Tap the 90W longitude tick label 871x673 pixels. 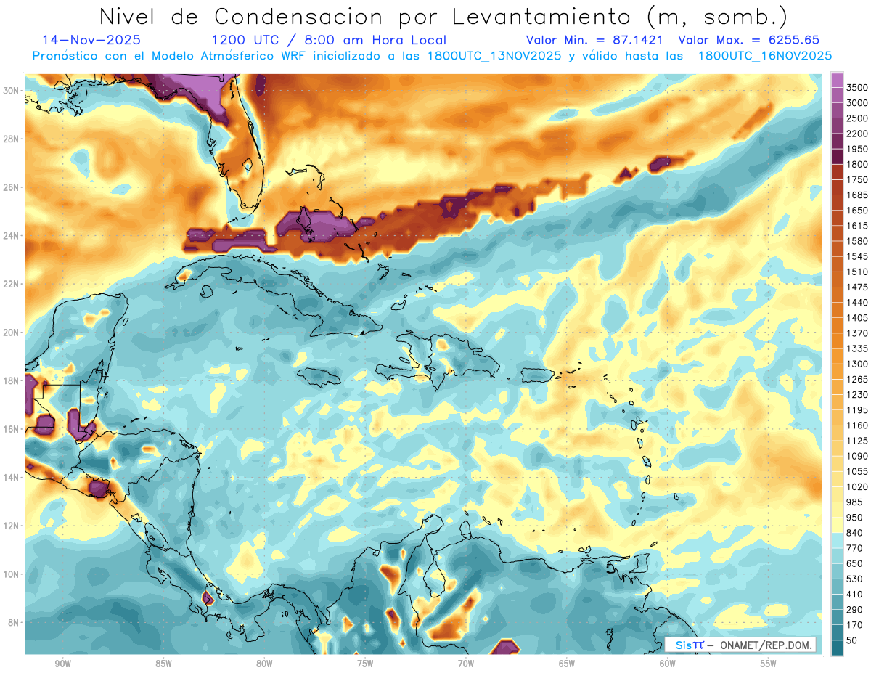tap(62, 664)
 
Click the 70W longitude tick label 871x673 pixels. tap(466, 664)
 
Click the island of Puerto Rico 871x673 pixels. tap(538, 374)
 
